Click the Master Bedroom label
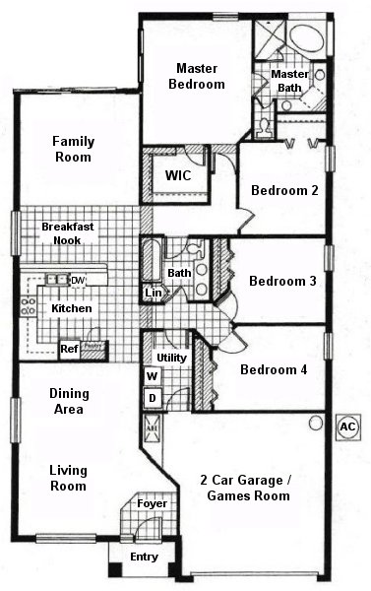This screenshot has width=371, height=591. [201, 76]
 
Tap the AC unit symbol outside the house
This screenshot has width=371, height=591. [346, 427]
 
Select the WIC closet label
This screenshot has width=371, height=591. [178, 176]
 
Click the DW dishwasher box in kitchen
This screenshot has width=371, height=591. [78, 281]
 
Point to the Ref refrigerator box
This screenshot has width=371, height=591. [70, 348]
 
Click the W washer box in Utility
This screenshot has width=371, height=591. [153, 376]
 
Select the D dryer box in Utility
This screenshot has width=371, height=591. [153, 397]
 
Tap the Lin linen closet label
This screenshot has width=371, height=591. [154, 293]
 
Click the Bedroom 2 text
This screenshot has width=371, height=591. [283, 191]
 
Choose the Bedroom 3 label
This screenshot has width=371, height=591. [282, 282]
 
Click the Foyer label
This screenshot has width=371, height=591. [152, 504]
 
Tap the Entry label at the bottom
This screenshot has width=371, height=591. [144, 558]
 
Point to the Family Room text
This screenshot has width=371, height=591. [73, 149]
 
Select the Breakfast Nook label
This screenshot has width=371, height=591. [68, 233]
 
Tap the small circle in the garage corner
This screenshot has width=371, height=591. [315, 424]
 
